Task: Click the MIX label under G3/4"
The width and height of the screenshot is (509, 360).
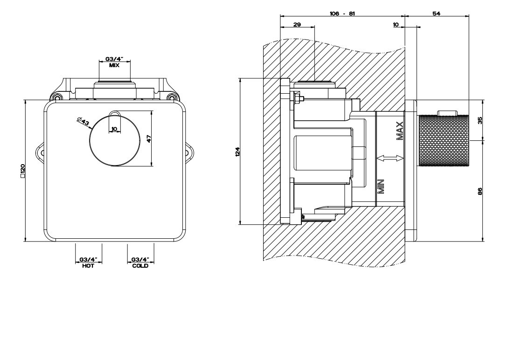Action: [x=114, y=66]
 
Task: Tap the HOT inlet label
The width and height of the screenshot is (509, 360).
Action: [x=88, y=266]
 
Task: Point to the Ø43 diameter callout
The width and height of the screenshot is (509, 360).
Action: [x=84, y=122]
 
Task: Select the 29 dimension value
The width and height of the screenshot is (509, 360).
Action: [x=297, y=24]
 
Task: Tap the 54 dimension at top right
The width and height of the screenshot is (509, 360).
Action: [x=436, y=14]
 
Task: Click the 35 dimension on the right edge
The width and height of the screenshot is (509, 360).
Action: [x=480, y=119]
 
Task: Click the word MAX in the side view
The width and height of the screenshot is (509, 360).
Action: [x=400, y=131]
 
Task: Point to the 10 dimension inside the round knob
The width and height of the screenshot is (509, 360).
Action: [x=114, y=129]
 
